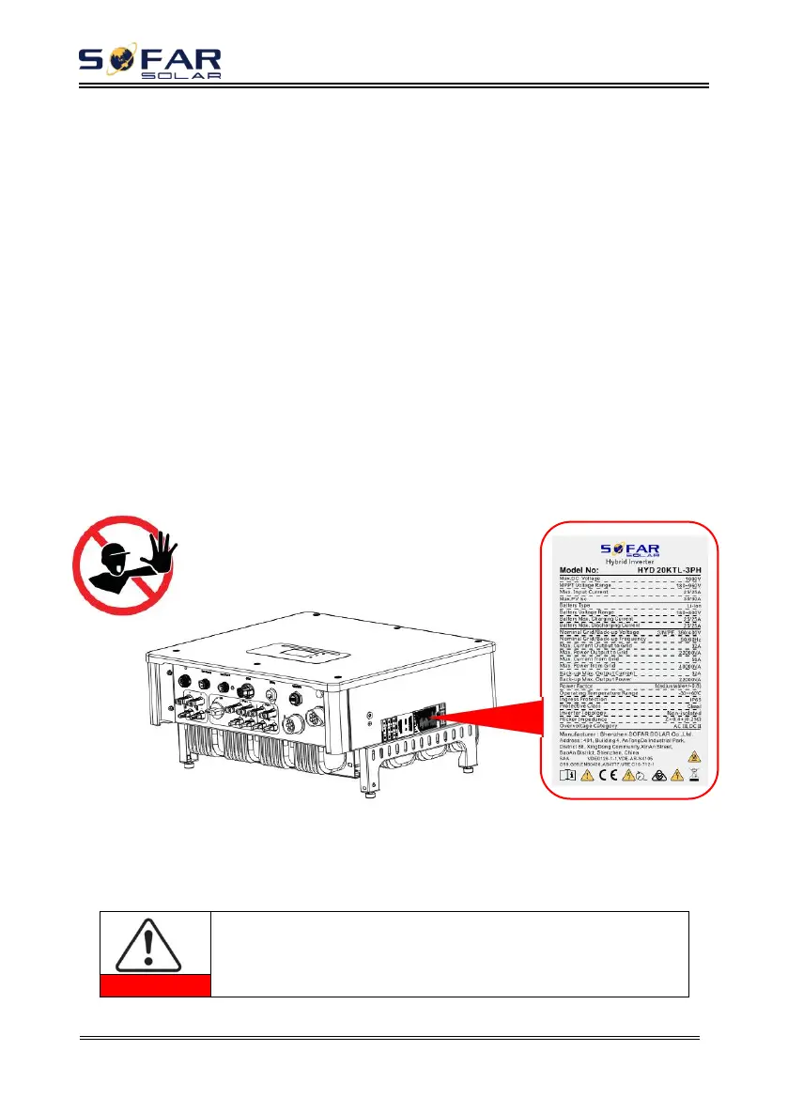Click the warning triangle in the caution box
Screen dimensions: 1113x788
tap(155, 943)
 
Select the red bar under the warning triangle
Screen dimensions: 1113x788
tap(155, 985)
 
